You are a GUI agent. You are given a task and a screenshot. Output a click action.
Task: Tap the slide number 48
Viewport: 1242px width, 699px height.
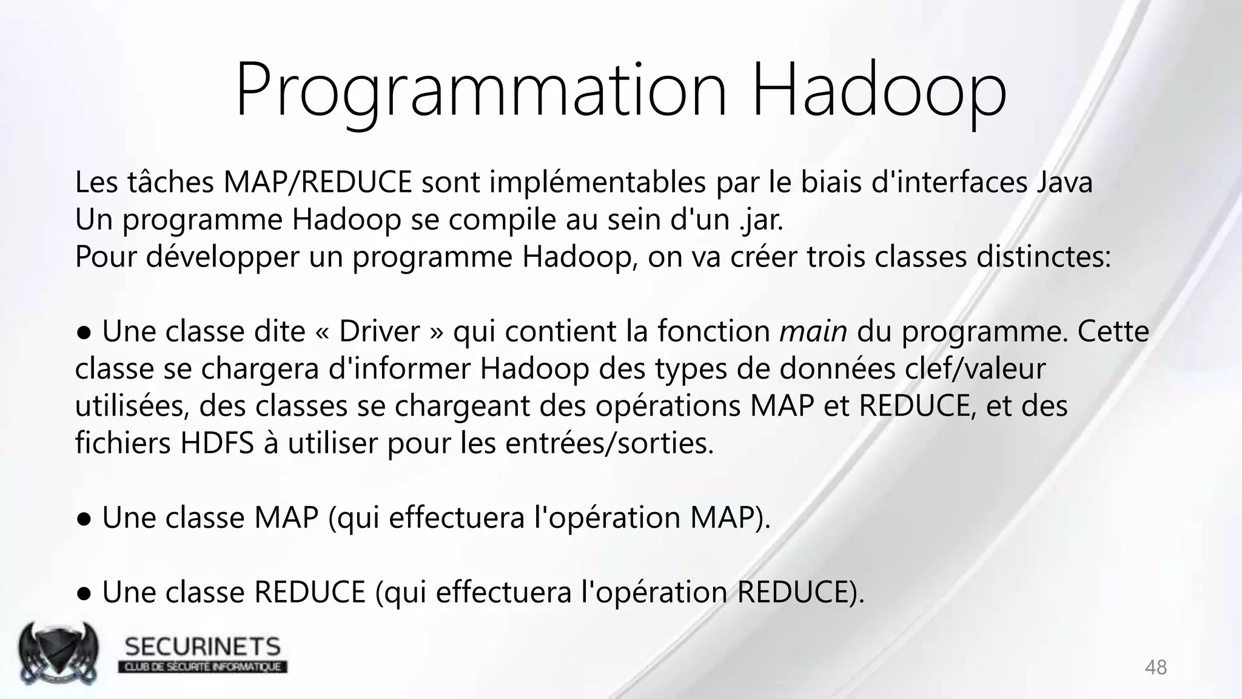(1155, 667)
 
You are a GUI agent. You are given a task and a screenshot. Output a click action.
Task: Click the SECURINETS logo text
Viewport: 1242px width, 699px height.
(203, 647)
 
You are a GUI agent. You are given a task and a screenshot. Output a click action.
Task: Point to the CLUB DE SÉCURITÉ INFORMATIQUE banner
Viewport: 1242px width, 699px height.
(203, 667)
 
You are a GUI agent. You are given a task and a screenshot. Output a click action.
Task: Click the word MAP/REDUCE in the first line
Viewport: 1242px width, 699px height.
(318, 182)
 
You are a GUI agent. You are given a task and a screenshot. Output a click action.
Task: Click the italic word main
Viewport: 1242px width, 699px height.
(813, 332)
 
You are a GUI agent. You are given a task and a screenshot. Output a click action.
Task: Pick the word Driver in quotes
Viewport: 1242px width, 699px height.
(379, 332)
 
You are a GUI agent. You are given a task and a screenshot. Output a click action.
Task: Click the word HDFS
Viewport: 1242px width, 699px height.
(217, 444)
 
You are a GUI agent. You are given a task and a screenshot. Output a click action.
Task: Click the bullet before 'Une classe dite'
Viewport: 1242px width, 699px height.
(84, 333)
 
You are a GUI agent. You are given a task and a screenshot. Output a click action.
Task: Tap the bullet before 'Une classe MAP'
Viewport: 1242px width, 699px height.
(84, 519)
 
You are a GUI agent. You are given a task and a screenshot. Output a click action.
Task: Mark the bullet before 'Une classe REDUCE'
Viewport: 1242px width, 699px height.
(84, 594)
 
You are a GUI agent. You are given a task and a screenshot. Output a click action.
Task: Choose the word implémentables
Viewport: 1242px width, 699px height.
(597, 182)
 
